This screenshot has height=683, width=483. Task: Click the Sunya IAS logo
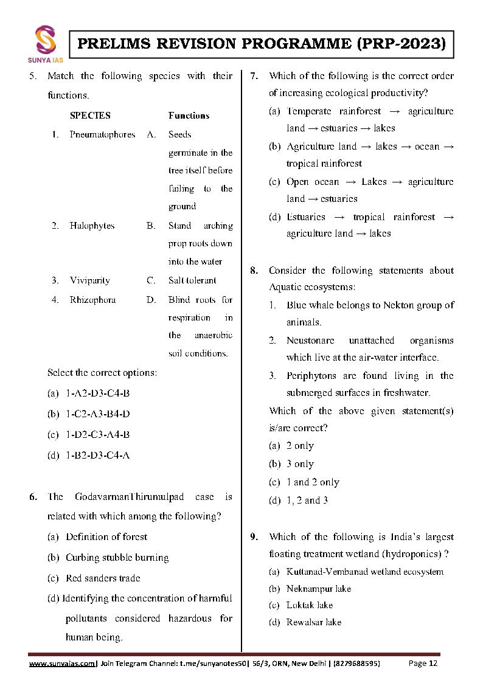46,43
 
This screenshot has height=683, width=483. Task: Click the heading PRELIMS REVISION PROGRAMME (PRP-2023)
262,44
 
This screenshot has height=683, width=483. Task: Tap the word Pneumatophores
102,134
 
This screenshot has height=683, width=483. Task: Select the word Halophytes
92,226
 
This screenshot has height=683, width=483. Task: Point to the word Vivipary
89,280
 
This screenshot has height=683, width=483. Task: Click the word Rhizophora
92,300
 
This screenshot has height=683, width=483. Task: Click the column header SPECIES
90,116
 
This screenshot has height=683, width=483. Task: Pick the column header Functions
189,116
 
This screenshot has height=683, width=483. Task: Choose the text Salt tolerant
192,280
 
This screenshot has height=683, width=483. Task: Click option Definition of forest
106,536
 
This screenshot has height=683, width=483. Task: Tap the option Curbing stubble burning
117,557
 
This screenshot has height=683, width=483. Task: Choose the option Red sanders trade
102,578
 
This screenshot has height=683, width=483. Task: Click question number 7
255,76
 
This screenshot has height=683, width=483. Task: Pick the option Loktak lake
309,605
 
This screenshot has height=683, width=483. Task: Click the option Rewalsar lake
313,622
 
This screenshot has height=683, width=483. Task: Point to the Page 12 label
423,664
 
